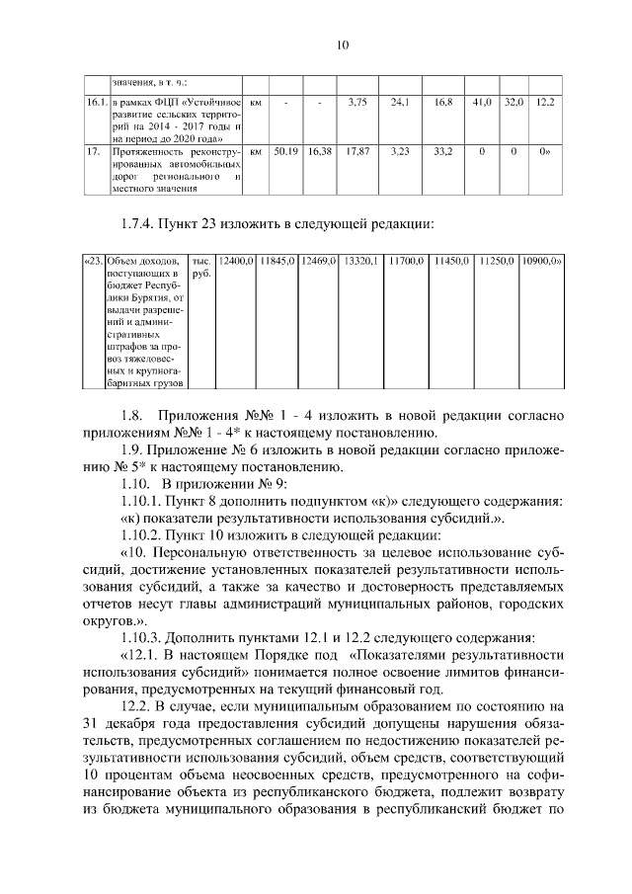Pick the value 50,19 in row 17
click(x=286, y=152)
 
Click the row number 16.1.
click(x=95, y=102)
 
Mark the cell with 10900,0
click(x=541, y=261)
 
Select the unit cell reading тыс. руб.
click(x=201, y=267)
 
